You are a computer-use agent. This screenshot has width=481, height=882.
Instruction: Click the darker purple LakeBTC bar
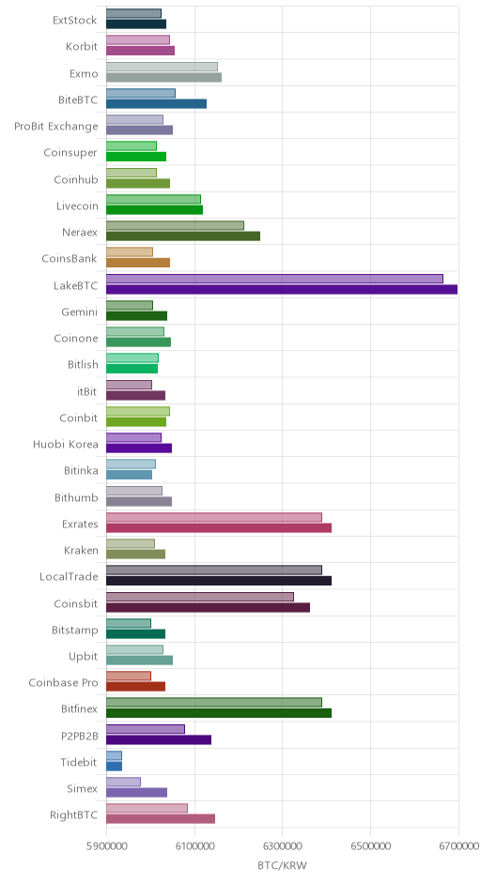pos(282,290)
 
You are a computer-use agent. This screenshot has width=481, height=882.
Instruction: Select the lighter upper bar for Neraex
pos(175,225)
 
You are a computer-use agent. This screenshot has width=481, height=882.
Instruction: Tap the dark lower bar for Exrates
pos(219,527)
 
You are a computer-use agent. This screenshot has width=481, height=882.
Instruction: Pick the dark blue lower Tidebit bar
pos(115,767)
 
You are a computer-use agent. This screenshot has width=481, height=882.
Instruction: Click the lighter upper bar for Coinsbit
pos(200,597)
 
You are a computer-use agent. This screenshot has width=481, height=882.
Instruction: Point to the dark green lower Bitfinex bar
pos(219,713)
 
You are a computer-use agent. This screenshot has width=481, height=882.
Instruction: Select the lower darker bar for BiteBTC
pos(157,103)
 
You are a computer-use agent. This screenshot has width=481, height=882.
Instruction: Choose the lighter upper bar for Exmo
pos(163,67)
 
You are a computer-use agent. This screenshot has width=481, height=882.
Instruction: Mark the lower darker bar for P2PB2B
pos(159,739)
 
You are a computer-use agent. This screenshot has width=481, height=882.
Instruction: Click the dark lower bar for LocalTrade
pos(219,581)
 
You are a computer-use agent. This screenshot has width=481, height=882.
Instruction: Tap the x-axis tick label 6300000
pos(283,846)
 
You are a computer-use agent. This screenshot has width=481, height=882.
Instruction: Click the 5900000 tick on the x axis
pos(106,846)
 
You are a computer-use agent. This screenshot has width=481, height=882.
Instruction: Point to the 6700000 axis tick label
pos(458,846)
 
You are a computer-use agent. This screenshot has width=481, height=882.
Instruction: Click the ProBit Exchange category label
pos(56,127)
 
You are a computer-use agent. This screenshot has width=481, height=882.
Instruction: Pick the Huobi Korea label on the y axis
pos(66,445)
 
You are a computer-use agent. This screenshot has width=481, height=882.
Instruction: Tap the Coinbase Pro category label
pos(64,683)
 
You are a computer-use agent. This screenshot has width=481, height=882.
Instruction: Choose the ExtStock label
pos(75,21)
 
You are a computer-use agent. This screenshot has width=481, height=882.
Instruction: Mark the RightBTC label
pos(74,815)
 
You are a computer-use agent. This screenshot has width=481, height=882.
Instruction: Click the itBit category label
pos(87,391)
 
